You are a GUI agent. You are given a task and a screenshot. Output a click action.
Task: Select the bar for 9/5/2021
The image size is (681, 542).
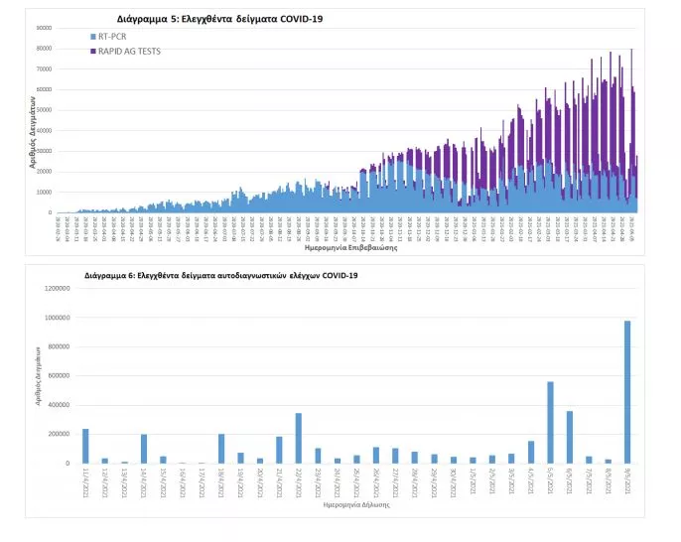[627, 391]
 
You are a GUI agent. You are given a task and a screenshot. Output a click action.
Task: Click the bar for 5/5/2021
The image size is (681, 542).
[550, 422]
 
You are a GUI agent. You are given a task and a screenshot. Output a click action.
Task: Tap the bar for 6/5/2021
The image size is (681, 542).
[569, 437]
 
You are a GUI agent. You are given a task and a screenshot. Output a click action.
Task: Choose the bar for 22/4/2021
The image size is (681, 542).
[298, 438]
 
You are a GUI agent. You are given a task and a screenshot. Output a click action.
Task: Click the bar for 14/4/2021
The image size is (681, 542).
[144, 449]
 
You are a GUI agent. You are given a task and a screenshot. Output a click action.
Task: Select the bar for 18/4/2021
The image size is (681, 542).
[221, 449]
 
